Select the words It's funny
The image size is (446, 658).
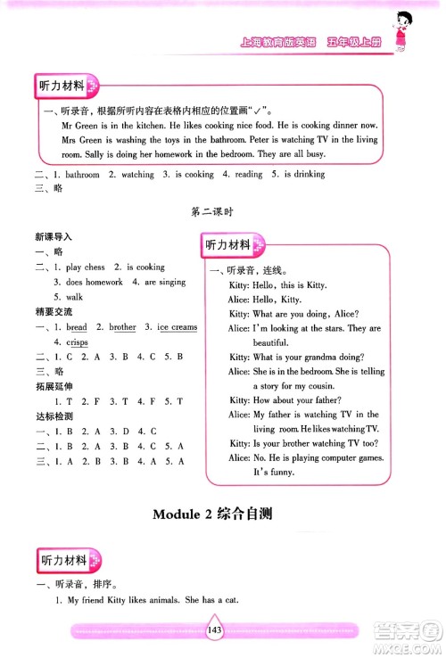click(275, 472)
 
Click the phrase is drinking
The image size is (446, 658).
click(303, 175)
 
